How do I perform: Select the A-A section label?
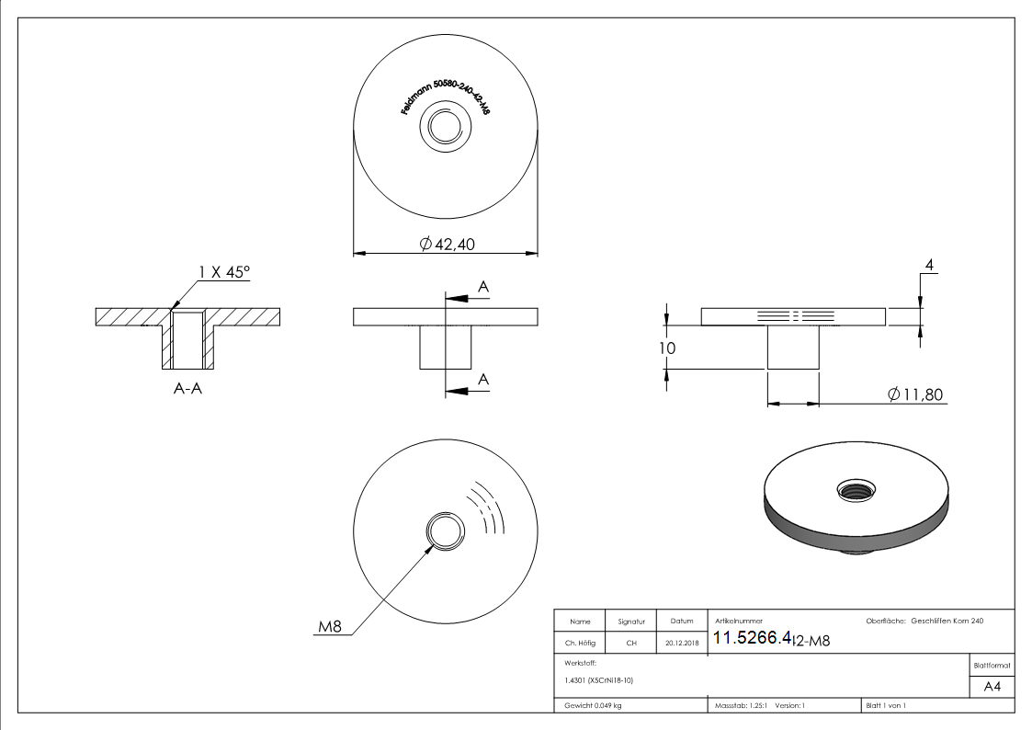pyautogui.click(x=187, y=389)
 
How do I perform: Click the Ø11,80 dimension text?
pyautogui.click(x=916, y=394)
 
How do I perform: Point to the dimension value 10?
pyautogui.click(x=667, y=348)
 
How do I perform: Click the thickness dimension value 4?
pyautogui.click(x=930, y=266)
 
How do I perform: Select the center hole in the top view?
pyautogui.click(x=446, y=127)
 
